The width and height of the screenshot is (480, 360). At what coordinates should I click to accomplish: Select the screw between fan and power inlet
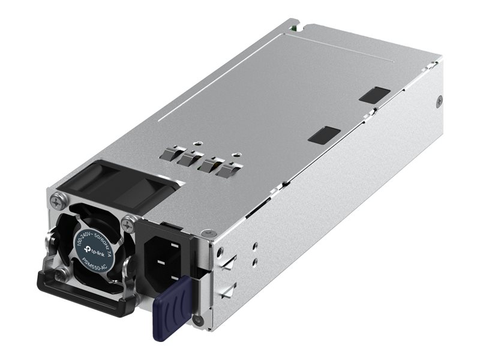click(127, 224)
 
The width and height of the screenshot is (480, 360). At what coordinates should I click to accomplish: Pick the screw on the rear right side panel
click(439, 101)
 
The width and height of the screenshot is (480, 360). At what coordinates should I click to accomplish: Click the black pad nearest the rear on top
click(374, 94)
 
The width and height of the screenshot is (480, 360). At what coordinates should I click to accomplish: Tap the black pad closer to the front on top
click(323, 134)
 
